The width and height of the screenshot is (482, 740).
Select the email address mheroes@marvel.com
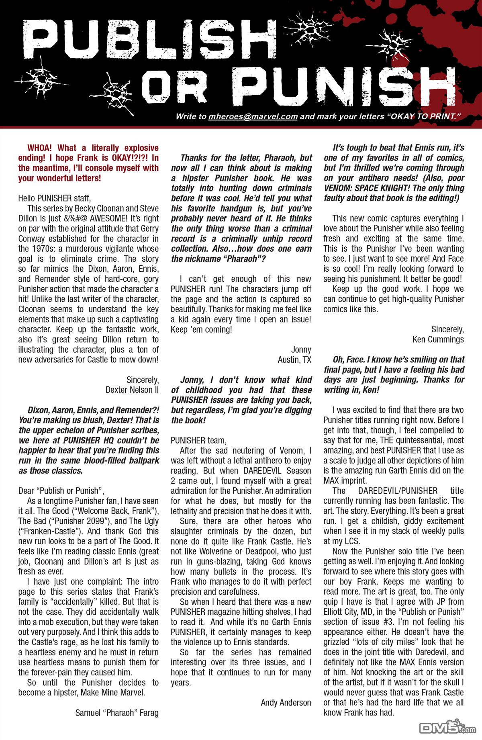pyautogui.click(x=253, y=117)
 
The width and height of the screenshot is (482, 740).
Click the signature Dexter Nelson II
pyautogui.click(x=132, y=390)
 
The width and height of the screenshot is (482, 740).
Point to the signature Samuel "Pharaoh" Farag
pyautogui.click(x=117, y=713)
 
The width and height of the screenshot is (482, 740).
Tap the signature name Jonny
pyautogui.click(x=301, y=350)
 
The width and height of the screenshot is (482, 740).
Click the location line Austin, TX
pyautogui.click(x=294, y=360)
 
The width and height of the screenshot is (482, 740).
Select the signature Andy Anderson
pyautogui.click(x=286, y=702)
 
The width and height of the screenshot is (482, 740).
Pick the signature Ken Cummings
pyautogui.click(x=438, y=340)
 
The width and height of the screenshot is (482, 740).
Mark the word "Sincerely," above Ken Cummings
pyautogui.click(x=447, y=329)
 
